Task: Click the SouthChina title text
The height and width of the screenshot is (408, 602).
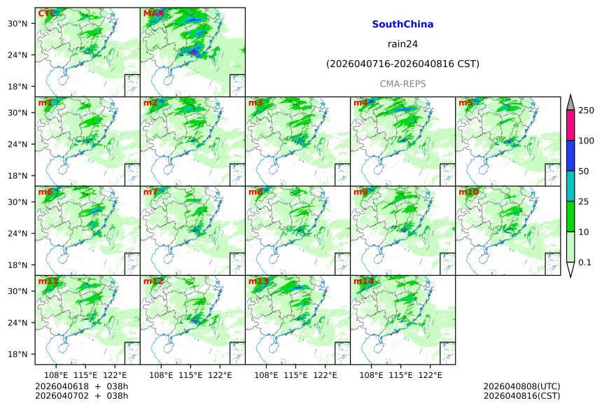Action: point(402,24)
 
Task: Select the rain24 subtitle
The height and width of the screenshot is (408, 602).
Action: point(402,44)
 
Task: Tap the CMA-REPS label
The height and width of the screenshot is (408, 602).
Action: point(402,84)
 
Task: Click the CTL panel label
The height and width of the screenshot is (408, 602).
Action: point(46,13)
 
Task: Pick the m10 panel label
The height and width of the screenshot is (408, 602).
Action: point(469,192)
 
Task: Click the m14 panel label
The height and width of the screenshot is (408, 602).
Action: point(363,281)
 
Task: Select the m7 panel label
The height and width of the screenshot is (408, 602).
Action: point(150,192)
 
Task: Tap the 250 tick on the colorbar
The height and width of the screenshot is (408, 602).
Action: point(586,111)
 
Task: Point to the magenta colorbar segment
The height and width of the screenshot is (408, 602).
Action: point(570,125)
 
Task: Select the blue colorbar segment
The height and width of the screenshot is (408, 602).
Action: point(570,155)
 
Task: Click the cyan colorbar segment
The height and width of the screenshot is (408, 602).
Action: point(570,185)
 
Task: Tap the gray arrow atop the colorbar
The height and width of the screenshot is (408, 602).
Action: point(570,102)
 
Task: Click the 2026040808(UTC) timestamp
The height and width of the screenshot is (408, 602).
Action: point(521,386)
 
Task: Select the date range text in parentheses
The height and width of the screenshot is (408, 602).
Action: point(402,64)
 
